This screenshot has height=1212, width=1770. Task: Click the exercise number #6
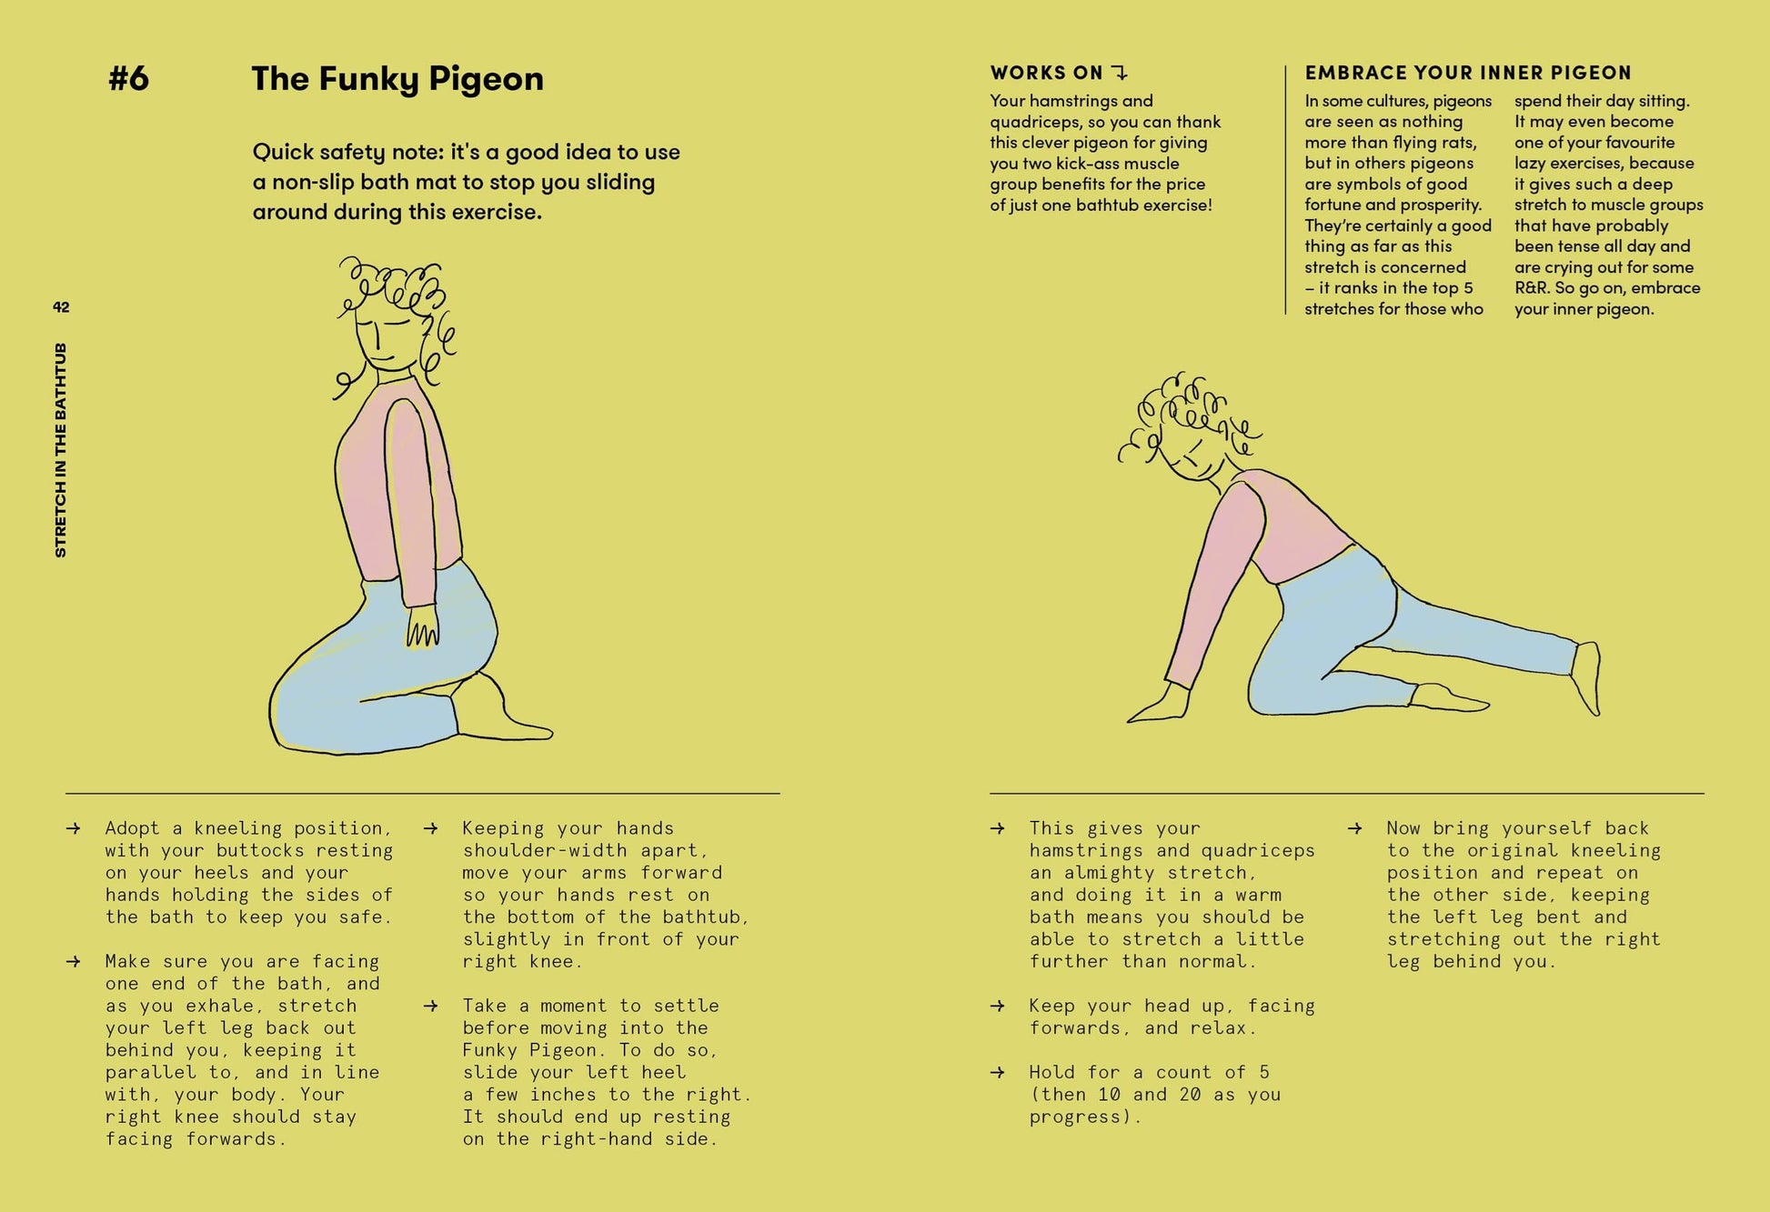click(x=128, y=78)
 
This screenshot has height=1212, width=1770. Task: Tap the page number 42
click(x=61, y=307)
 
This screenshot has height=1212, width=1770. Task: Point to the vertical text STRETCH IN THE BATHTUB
click(x=61, y=450)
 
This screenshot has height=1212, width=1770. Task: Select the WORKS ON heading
click(x=1046, y=73)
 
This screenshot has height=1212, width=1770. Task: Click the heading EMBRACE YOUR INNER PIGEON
click(x=1468, y=73)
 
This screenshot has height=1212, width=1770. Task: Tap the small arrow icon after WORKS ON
click(x=1120, y=73)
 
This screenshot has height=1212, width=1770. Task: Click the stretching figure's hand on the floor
click(x=1157, y=705)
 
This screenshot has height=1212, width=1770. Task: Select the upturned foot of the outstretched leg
click(x=1587, y=678)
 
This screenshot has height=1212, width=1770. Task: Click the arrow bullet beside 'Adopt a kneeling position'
click(x=74, y=828)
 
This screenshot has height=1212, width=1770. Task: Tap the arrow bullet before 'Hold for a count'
click(x=998, y=1072)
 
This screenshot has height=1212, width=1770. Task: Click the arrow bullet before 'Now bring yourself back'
click(x=1355, y=828)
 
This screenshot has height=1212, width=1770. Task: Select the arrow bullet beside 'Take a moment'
click(x=431, y=1006)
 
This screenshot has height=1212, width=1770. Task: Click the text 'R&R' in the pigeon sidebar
click(x=1532, y=288)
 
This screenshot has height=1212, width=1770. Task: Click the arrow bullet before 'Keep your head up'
click(x=998, y=1006)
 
